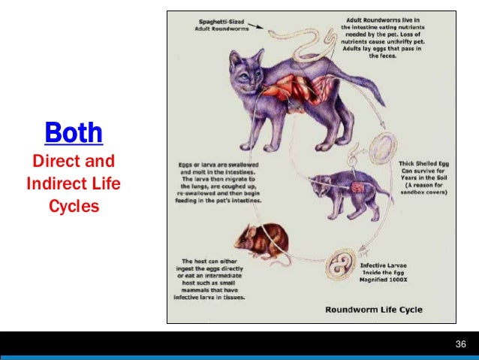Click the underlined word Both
(74, 133)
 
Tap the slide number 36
(461, 345)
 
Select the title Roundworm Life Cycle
(373, 309)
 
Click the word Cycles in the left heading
(74, 204)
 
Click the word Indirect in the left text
(55, 183)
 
